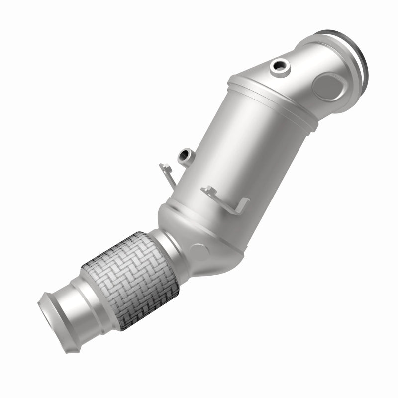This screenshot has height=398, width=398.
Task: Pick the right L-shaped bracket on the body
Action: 226,197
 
